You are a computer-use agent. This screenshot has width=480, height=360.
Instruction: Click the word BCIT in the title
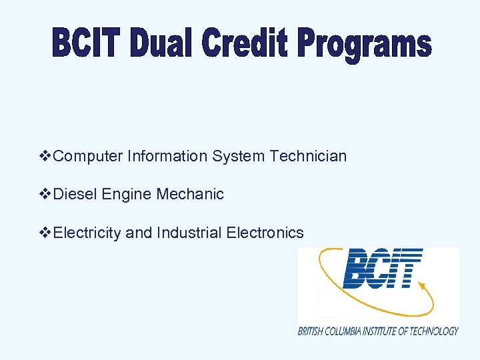click(x=87, y=45)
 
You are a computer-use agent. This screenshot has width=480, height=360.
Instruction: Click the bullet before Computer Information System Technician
click(x=46, y=156)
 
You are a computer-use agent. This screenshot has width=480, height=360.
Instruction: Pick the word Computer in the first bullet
click(x=88, y=156)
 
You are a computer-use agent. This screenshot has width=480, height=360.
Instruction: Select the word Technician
click(x=308, y=156)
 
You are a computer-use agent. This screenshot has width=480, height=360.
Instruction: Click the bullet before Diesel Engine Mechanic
click(x=46, y=194)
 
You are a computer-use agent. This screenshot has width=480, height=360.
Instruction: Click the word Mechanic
click(x=190, y=194)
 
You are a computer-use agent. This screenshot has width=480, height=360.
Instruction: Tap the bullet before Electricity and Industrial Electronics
click(x=46, y=233)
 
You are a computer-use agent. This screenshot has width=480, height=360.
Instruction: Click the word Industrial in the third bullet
click(x=189, y=233)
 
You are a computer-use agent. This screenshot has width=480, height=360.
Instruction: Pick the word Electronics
click(x=265, y=233)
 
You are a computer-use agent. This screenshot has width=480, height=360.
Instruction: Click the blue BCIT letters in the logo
click(x=382, y=268)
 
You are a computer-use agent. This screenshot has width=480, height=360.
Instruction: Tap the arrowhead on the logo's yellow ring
click(x=422, y=285)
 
